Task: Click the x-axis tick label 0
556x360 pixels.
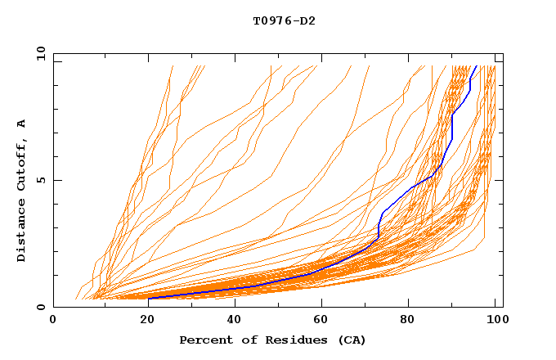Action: pyautogui.click(x=53, y=321)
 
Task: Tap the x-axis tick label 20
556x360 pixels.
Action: pyautogui.click(x=141, y=321)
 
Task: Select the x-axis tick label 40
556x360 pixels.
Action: pyautogui.click(x=231, y=321)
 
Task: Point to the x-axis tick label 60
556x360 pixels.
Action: pyautogui.click(x=320, y=321)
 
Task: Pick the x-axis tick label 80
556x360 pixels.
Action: pyautogui.click(x=408, y=321)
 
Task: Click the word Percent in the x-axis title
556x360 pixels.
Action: pyautogui.click(x=205, y=340)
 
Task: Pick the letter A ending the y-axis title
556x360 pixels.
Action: pyautogui.click(x=22, y=123)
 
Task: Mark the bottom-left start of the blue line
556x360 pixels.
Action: pyautogui.click(x=148, y=298)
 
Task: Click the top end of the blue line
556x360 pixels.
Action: pyautogui.click(x=476, y=66)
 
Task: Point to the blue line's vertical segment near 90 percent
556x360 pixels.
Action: pyautogui.click(x=452, y=127)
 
